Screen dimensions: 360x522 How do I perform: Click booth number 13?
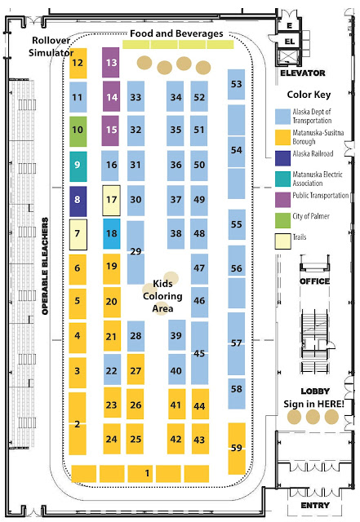coord(111,62)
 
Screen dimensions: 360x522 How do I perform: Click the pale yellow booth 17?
coord(111,201)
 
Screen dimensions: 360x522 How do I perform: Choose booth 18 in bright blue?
coord(111,234)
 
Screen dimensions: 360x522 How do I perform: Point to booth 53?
coord(237,84)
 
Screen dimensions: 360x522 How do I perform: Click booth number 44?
coord(200,404)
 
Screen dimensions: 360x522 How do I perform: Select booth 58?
coord(237,393)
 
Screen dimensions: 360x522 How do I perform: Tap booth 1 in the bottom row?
coord(140,473)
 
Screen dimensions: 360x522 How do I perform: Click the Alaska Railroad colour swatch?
coord(282,158)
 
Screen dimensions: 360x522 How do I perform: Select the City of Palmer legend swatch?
coord(282,220)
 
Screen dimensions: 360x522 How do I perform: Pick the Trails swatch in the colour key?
coord(282,241)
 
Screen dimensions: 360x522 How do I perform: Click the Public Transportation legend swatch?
coord(282,200)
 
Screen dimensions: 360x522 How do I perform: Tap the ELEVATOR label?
coord(302,73)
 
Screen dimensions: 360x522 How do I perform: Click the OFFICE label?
coord(314,281)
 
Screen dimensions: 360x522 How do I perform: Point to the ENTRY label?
coord(315,506)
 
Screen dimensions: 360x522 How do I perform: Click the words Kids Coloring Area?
coord(162,296)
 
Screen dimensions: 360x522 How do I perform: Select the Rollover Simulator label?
coord(51,46)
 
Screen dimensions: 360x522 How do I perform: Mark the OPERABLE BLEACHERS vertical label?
coord(45,266)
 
